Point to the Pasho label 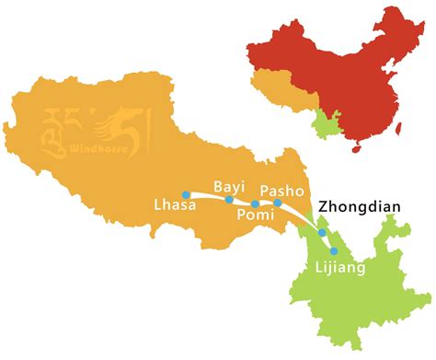[x=281, y=188]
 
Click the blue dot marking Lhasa [x=186, y=194]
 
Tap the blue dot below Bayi [x=229, y=199]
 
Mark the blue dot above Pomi [x=255, y=203]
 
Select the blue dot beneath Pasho [x=277, y=203]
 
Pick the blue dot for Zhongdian [x=322, y=232]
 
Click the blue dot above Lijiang [x=334, y=250]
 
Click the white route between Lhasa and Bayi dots [x=208, y=195]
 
